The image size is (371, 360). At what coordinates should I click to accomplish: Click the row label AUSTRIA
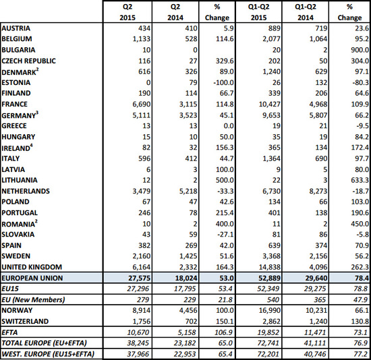point(16,28)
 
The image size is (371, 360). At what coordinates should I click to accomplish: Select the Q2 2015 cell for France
point(142,104)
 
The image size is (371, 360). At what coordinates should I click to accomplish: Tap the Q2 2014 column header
point(175,12)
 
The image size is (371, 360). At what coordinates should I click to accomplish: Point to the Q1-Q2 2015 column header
point(258,12)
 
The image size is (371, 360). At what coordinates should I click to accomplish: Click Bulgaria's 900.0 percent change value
point(360,50)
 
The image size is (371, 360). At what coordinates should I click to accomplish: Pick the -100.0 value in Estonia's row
point(224,82)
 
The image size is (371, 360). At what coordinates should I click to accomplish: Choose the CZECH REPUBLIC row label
point(28,61)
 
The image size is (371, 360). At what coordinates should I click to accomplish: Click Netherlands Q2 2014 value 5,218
point(188,191)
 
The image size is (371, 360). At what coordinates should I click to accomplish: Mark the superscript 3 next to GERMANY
point(37,113)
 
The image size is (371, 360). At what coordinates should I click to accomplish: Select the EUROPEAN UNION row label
point(32,278)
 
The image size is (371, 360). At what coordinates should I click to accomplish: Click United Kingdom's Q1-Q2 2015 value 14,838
point(270,267)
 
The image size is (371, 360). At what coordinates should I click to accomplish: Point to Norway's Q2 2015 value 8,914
point(142,310)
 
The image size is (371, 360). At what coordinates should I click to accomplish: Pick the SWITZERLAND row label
point(25,321)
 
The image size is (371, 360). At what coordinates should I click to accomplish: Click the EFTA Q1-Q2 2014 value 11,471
point(316,332)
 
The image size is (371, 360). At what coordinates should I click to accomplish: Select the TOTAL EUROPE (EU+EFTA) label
point(44,343)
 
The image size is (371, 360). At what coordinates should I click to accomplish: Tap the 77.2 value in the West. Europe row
point(361,354)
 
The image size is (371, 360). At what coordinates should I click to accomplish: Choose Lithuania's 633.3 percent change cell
point(360,180)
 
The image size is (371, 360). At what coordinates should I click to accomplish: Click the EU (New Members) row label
point(33,300)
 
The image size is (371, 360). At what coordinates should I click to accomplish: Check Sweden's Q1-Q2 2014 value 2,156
point(318,256)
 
